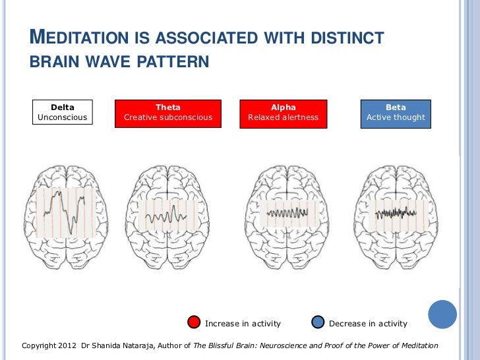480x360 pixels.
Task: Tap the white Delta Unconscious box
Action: click(63, 112)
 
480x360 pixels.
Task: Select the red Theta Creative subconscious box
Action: click(168, 112)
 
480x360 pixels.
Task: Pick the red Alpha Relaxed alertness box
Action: click(283, 112)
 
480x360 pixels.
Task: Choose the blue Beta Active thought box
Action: click(396, 112)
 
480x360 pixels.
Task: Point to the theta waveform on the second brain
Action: click(167, 216)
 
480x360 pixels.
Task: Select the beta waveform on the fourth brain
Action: click(396, 212)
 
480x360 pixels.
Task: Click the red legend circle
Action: click(194, 322)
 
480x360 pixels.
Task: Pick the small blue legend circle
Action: click(318, 322)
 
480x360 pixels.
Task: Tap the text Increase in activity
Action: click(243, 324)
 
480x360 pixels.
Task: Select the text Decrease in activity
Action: click(368, 324)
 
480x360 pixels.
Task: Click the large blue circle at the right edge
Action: click(442, 314)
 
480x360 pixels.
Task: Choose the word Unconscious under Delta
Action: click(63, 117)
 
